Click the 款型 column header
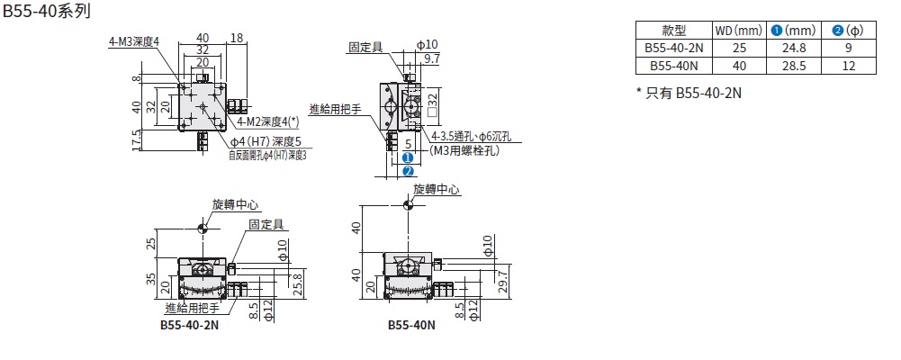click(x=674, y=31)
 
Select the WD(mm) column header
click(x=738, y=31)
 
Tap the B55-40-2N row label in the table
click(x=674, y=49)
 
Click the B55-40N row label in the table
click(x=674, y=66)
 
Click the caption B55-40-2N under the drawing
click(x=189, y=325)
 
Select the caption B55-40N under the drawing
click(x=410, y=325)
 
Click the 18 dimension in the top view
click(x=237, y=38)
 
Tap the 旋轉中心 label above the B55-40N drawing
click(x=437, y=190)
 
